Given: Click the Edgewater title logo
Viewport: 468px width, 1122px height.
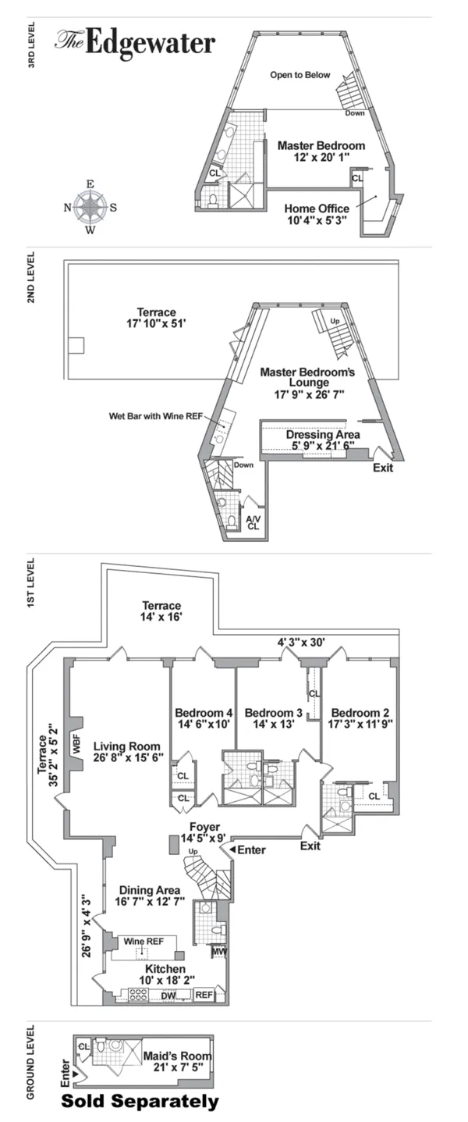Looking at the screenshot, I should click(x=134, y=43).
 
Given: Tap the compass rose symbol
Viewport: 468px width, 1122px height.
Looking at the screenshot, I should click(x=90, y=207).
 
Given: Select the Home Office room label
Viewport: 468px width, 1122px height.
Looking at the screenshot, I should click(x=317, y=215).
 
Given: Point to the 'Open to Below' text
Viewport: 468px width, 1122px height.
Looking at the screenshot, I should click(x=300, y=76).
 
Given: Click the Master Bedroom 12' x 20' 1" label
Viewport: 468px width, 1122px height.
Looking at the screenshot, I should click(x=321, y=151).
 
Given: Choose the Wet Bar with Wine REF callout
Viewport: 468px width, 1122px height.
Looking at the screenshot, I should click(x=154, y=417).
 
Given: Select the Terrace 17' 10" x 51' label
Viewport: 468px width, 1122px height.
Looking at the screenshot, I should click(x=156, y=318).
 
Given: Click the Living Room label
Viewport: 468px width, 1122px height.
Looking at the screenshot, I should click(x=126, y=751).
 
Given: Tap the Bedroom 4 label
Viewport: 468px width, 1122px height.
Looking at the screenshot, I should click(x=204, y=719).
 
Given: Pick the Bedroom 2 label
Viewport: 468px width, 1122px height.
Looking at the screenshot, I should click(x=360, y=719).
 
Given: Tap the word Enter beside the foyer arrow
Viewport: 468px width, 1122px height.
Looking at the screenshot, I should click(x=250, y=850).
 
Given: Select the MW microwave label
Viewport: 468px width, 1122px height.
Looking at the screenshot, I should click(x=218, y=951).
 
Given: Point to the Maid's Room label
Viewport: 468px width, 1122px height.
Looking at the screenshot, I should click(x=177, y=1062).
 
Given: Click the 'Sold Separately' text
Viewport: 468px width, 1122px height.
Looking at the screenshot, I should click(x=140, y=1102).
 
